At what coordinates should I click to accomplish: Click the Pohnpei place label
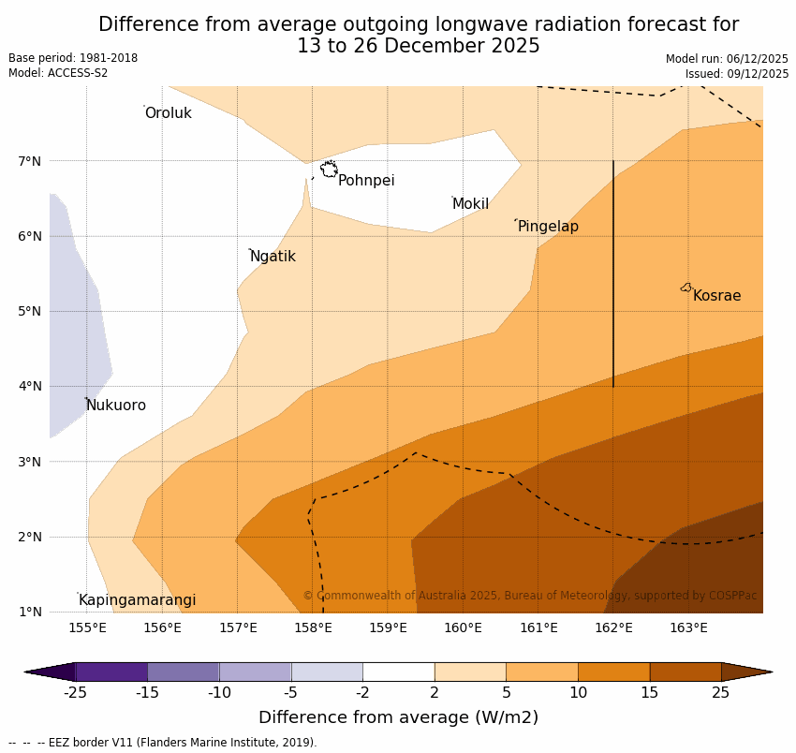[366, 181]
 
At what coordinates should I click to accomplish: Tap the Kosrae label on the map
[716, 296]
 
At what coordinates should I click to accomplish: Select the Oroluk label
[168, 113]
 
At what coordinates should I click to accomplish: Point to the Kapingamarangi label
[137, 600]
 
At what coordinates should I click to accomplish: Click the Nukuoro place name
[116, 406]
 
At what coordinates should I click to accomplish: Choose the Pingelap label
[548, 227]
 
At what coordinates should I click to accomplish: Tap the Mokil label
[470, 204]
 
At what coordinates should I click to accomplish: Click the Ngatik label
[273, 257]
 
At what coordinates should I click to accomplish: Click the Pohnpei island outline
[329, 170]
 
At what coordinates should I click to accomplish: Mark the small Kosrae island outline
[686, 288]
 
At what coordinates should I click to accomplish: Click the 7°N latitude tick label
[30, 161]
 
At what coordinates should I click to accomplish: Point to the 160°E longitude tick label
[463, 627]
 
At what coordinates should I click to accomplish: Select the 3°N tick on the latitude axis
[30, 462]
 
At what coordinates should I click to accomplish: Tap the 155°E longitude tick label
[87, 627]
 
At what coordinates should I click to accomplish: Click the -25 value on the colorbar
[75, 693]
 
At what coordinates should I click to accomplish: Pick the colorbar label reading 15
[650, 693]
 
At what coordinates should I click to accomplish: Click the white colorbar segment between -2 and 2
[398, 672]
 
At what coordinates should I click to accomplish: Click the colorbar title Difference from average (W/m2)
[398, 718]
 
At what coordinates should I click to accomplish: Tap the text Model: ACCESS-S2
[58, 73]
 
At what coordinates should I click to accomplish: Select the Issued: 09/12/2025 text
[736, 74]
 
